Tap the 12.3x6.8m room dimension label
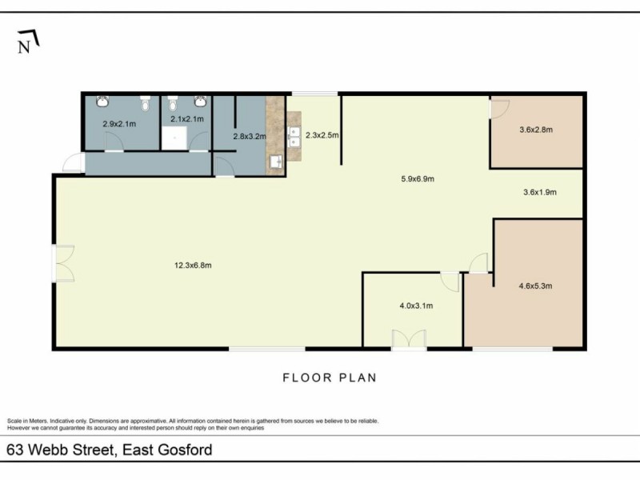pos(193,266)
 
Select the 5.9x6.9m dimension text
pos(417,179)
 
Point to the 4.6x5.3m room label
pos(536,286)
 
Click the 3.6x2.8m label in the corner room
pos(537,130)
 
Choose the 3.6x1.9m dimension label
pos(538,192)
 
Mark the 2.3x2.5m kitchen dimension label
pos(322,136)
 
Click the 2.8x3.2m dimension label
pos(249,137)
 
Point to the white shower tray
pos(173,141)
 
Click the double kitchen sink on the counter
pos(294,137)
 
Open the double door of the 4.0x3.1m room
pos(408,339)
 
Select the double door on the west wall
pos(62,264)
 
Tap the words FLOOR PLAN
pos(329,378)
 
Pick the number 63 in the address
pos(15,450)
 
